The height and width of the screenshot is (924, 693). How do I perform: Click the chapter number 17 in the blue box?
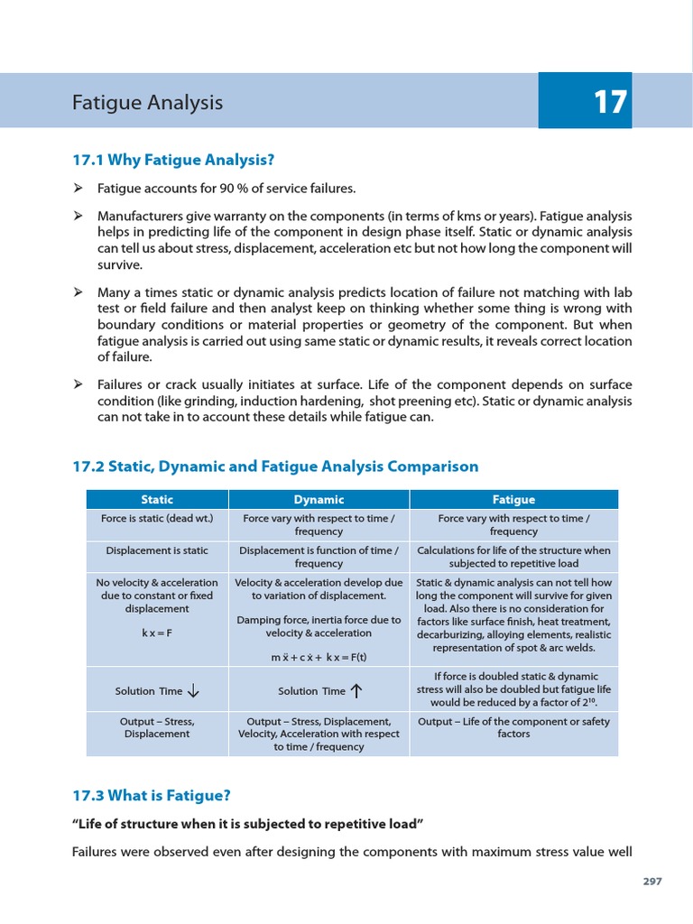point(610,102)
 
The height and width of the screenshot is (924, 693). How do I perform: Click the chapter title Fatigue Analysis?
point(147,103)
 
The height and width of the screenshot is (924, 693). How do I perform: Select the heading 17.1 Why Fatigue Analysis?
point(172,160)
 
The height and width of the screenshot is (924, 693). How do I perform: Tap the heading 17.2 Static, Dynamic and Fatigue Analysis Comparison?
point(275,467)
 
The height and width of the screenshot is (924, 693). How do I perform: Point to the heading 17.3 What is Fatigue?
point(152,795)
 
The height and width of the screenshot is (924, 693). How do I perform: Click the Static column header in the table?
point(157,499)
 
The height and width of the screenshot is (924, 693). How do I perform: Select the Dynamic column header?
point(319,499)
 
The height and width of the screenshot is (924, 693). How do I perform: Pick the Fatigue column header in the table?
point(513,499)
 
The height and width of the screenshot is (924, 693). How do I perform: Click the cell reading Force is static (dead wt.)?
point(157,519)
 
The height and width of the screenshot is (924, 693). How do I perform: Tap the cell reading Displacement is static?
point(157,550)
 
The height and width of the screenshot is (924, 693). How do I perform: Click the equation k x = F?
point(157,633)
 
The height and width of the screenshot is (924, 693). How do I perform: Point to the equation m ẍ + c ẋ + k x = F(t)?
point(319,657)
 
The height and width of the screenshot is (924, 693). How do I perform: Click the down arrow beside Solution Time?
point(193,691)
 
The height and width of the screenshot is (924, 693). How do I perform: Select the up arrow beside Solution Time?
point(356,691)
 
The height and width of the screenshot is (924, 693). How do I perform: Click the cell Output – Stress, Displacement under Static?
point(157,727)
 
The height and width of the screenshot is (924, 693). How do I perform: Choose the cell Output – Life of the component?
point(513,727)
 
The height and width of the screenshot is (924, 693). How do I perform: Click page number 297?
point(652,882)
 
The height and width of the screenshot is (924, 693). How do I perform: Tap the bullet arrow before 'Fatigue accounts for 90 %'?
point(79,188)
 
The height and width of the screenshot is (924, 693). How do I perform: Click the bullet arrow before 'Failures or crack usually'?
point(79,384)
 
